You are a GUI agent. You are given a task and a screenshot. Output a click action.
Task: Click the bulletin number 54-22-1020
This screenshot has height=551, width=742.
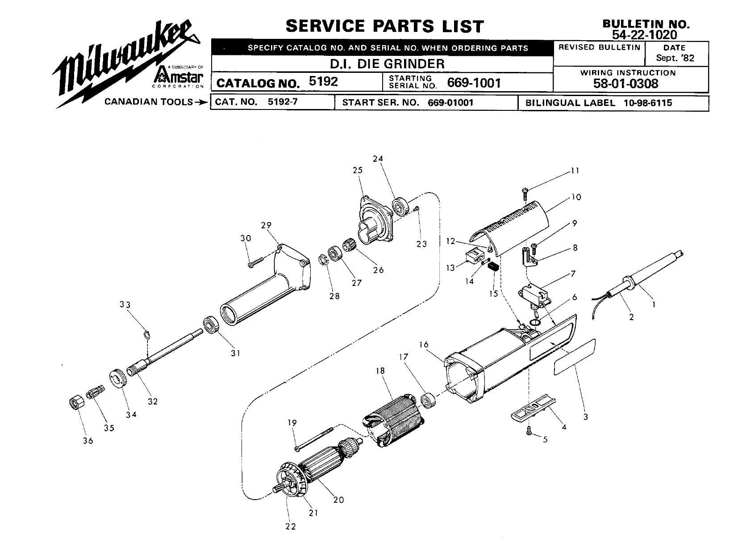pos(645,34)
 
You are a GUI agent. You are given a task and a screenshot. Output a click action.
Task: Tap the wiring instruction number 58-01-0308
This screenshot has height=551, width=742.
pos(625,84)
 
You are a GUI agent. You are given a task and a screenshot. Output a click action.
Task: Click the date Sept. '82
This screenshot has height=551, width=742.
pos(675,58)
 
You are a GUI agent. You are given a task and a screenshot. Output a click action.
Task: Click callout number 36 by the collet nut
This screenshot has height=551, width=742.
pos(88,441)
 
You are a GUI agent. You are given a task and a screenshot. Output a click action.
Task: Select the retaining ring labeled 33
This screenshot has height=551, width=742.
pos(147,333)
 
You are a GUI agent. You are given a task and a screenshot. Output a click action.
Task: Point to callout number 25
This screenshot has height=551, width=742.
pos(357,170)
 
